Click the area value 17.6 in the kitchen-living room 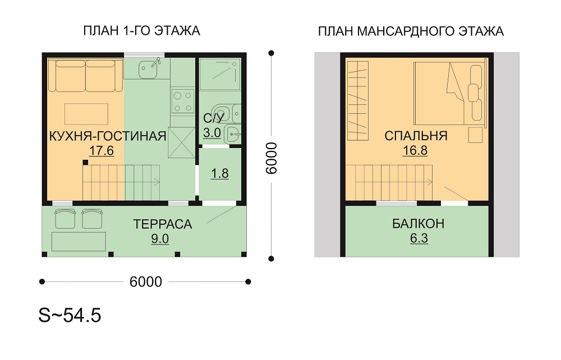[x=101, y=151]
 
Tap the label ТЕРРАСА [x=163, y=224]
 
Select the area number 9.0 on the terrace [x=160, y=238]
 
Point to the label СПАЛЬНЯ [x=416, y=136]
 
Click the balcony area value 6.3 [x=419, y=238]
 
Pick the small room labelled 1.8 [x=220, y=174]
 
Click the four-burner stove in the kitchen [x=182, y=102]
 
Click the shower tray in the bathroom [x=219, y=75]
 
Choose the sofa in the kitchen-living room [x=85, y=76]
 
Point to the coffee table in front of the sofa [x=86, y=114]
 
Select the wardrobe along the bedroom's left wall [x=358, y=100]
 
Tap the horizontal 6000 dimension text [x=146, y=281]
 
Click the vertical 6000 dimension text [x=272, y=158]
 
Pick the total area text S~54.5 [x=70, y=315]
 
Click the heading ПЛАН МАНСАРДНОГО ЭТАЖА [x=411, y=31]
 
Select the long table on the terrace [x=79, y=241]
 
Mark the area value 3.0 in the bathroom [x=212, y=133]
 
